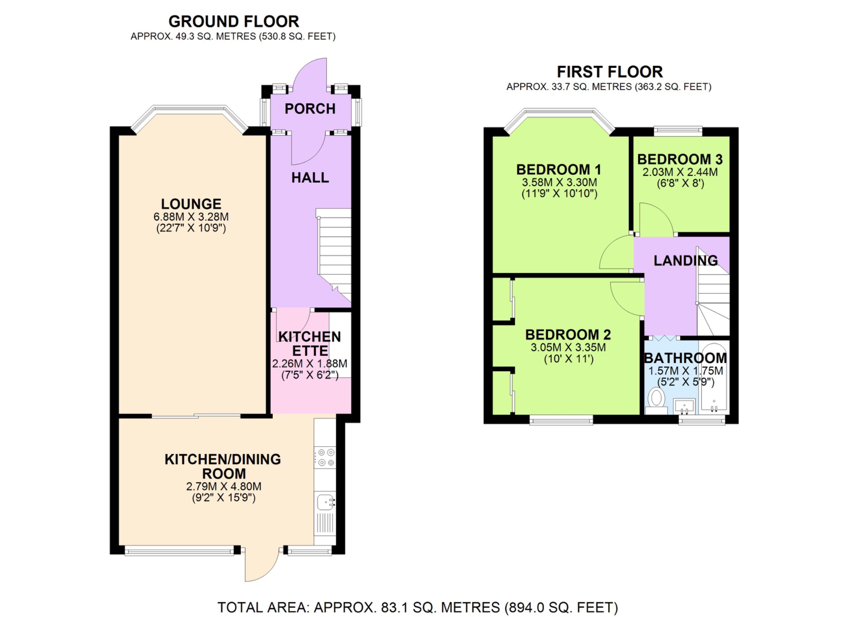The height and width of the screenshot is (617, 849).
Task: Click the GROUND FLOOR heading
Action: (x=233, y=22)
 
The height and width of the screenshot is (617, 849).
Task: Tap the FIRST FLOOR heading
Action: (x=609, y=72)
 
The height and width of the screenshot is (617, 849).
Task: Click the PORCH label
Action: (x=310, y=109)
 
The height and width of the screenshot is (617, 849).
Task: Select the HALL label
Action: (x=310, y=178)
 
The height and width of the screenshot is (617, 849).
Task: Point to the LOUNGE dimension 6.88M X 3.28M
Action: (x=191, y=217)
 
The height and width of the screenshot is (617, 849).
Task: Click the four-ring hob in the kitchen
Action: (x=325, y=457)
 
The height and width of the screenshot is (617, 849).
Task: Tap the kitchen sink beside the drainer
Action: (x=325, y=502)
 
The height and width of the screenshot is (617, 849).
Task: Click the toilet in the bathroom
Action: (x=656, y=399)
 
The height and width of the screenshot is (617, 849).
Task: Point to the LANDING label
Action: (x=685, y=261)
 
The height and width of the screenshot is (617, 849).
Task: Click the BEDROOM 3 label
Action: (x=679, y=160)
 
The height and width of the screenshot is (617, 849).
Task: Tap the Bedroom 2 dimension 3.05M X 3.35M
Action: (x=568, y=347)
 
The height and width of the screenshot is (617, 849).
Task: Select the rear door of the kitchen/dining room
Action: (x=261, y=566)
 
